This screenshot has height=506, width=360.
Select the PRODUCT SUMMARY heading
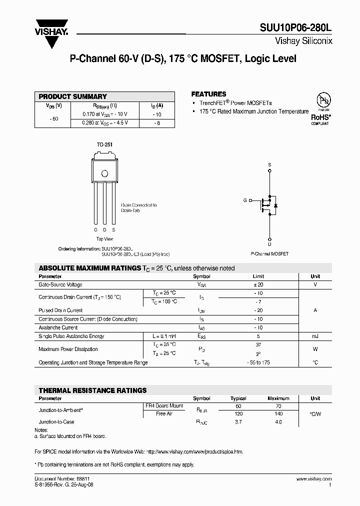point(73,96)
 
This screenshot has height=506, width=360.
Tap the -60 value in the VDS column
point(54,119)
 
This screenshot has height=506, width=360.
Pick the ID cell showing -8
point(156,122)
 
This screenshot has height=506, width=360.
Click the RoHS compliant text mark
point(320,117)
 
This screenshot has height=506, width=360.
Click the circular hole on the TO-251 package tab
point(104,174)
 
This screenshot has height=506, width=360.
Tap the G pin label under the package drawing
point(95,229)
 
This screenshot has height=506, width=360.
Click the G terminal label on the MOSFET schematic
point(245,200)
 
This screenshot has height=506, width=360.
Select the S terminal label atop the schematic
point(269,164)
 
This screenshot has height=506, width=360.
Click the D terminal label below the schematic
point(269,244)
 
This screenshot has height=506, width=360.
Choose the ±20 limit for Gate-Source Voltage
point(258,284)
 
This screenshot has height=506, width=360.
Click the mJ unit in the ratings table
point(315,336)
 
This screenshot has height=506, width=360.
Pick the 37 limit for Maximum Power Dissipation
point(258,345)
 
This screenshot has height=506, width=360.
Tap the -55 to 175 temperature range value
point(258,362)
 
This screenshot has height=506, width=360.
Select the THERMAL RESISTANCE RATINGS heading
point(93,390)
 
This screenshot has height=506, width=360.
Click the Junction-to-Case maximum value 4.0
point(278,422)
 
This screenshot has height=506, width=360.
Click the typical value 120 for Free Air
point(238,414)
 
